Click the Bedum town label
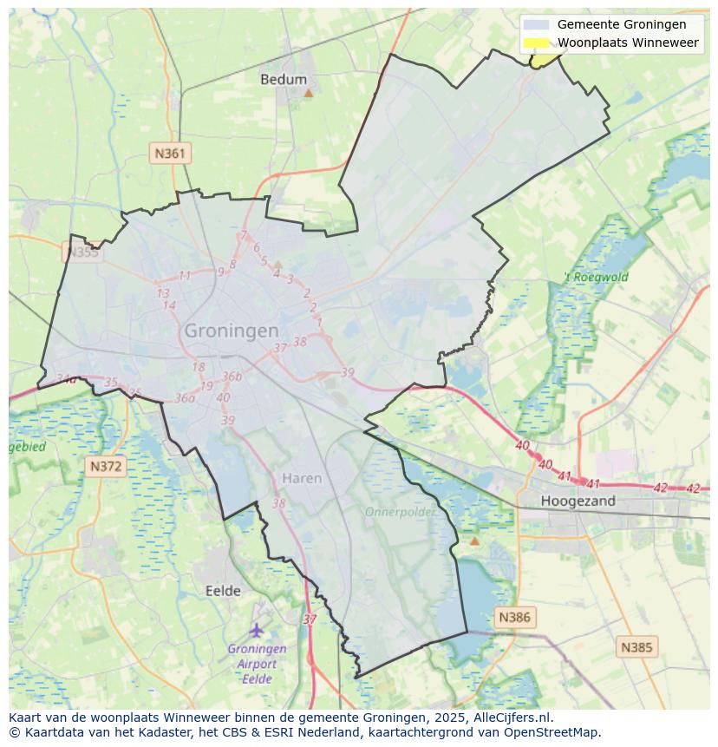tap(284, 79)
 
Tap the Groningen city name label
tap(232, 331)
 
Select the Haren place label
tap(302, 478)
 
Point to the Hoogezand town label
tap(578, 501)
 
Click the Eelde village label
tap(223, 591)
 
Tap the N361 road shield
tap(170, 154)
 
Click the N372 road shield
tap(107, 466)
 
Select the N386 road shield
tap(514, 617)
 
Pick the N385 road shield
tap(637, 646)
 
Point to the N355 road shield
tap(82, 252)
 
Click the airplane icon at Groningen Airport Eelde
tap(257, 629)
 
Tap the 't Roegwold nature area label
tap(596, 278)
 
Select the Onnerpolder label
tap(400, 512)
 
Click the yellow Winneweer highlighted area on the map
tap(546, 59)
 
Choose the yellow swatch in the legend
tap(537, 43)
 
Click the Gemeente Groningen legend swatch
tap(537, 24)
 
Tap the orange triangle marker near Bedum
tap(308, 92)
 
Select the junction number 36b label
tap(232, 377)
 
